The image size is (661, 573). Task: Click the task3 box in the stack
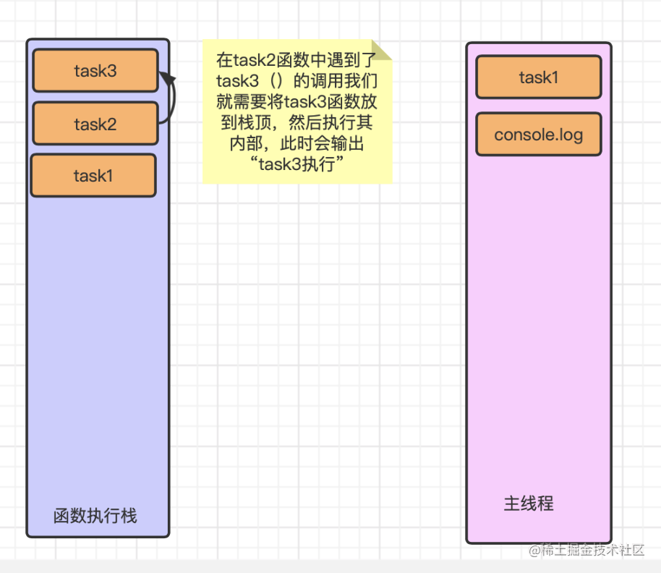[x=95, y=71]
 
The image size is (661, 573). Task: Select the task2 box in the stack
[x=95, y=124]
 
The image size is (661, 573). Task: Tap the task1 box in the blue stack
[x=93, y=176]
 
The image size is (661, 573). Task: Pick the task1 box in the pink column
[x=539, y=77]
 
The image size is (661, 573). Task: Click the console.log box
[x=539, y=135]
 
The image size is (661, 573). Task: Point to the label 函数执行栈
[x=95, y=517]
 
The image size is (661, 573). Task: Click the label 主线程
[x=529, y=504]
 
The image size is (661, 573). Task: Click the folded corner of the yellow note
[x=382, y=50]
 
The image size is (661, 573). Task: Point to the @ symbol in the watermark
[x=535, y=551]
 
